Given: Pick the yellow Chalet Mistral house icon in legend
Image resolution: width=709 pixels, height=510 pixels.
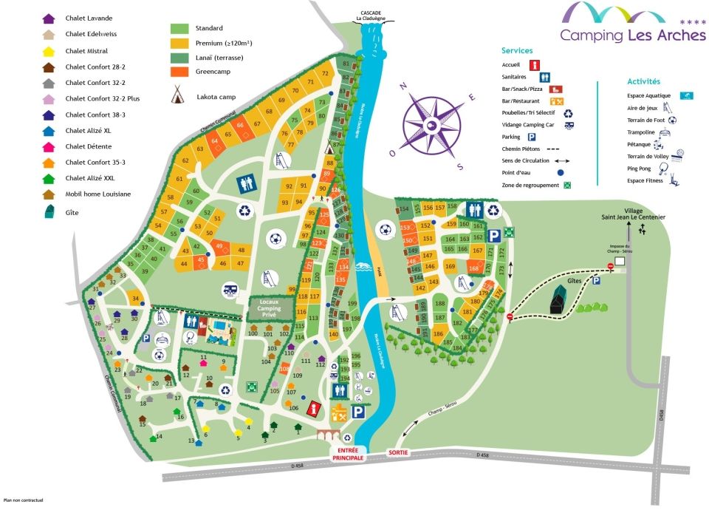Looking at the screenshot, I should coord(49,51).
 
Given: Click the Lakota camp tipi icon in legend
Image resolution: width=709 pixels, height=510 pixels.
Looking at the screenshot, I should coord(178,95).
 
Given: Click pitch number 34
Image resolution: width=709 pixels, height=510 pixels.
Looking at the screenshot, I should coord(135,298).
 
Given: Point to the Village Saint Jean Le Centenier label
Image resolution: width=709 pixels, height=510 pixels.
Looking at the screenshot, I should coord(625,211).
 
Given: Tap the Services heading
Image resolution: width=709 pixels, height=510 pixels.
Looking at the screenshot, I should coord(517,50).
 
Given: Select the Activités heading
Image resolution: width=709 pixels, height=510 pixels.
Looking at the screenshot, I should coord(643,81).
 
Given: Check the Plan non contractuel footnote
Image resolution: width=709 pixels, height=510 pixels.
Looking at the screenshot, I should coord(23,500).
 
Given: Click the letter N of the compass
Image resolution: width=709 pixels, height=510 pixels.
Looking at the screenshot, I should coord(403,86).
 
